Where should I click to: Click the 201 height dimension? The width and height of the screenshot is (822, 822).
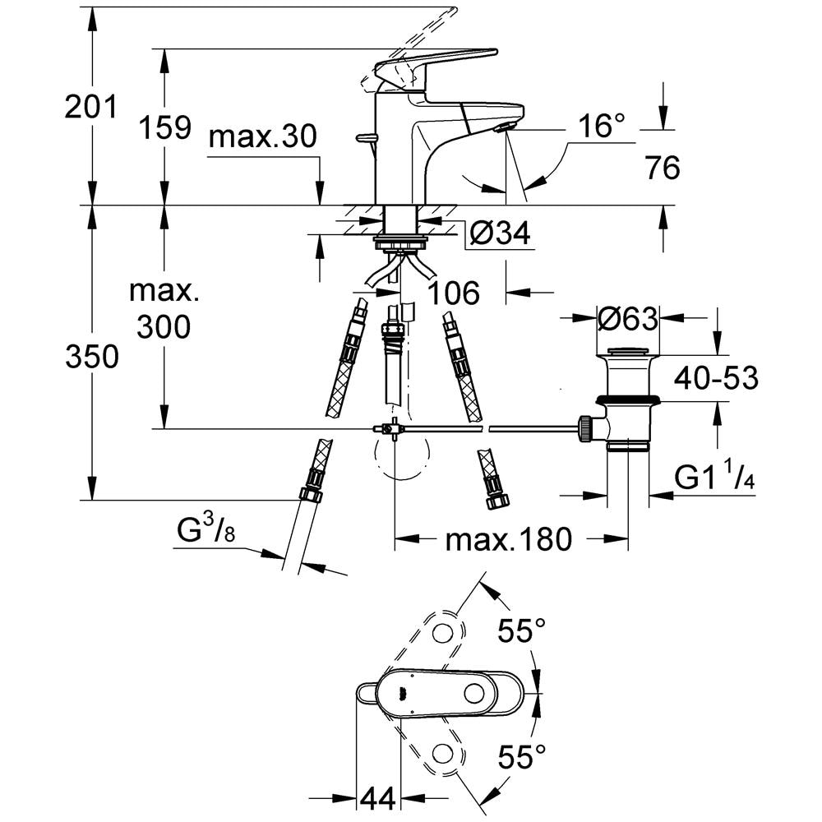coord(90,108)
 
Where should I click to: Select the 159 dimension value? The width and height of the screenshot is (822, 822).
coord(164,127)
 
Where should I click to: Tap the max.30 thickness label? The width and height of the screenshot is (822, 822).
coord(263,136)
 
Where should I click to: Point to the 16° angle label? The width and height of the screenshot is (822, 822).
coord(602,127)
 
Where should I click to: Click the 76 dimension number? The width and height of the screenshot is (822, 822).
coord(663,168)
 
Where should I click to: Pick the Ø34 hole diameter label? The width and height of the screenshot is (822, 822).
coord(500,233)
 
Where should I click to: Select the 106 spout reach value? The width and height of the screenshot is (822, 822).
coord(454,293)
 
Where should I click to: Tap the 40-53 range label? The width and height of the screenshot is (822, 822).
coord(716,377)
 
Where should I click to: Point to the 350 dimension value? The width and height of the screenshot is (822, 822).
coord(92,357)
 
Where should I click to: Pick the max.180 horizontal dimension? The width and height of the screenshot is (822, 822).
coord(508,539)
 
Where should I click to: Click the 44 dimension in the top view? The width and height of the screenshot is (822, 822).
coord(377,799)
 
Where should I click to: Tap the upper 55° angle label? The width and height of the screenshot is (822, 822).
coord(522,630)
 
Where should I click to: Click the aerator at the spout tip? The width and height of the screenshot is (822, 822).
coord(504,127)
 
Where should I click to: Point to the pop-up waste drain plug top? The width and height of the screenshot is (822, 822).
coord(627,351)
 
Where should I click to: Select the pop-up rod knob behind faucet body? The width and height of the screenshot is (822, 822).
coord(366,138)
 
